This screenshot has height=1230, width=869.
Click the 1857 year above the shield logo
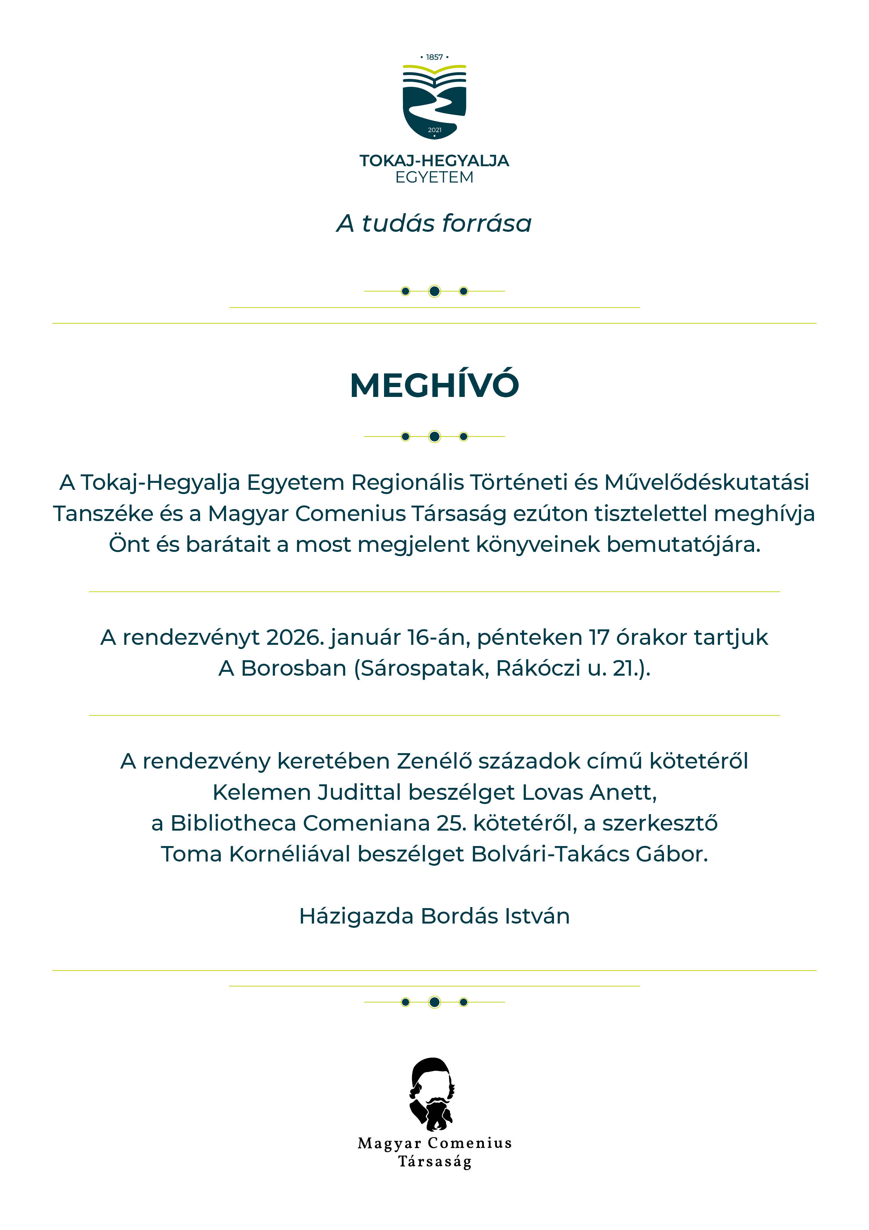tap(434, 57)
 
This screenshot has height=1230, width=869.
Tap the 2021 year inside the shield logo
tap(434, 130)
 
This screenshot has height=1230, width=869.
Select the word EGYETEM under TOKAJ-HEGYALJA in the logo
tap(434, 177)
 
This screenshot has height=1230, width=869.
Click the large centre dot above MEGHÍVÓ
tap(434, 291)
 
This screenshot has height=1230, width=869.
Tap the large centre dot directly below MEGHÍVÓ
tap(434, 437)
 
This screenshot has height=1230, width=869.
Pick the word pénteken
tap(529, 637)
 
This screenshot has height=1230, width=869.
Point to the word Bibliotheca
tap(233, 823)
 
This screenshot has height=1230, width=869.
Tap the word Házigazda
tap(357, 917)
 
